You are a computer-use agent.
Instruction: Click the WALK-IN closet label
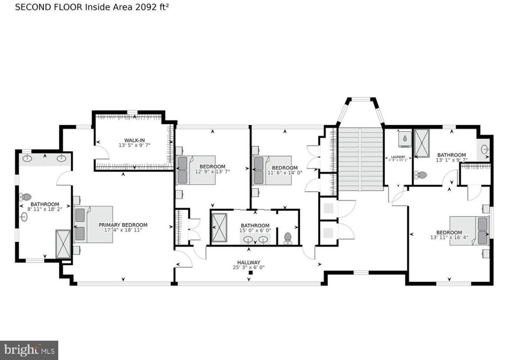[x=134, y=140]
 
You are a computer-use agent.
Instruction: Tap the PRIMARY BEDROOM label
[x=123, y=225]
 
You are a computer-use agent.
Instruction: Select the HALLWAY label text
[x=249, y=262]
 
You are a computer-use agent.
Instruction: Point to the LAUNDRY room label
[x=398, y=157]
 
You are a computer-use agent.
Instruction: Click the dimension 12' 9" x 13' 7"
[x=212, y=172]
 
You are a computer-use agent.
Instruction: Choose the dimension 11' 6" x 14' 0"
[x=285, y=173]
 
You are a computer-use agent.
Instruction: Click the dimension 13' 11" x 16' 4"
[x=449, y=237]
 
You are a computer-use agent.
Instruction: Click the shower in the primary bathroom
[x=63, y=244]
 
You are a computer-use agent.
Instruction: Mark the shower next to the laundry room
[x=421, y=143]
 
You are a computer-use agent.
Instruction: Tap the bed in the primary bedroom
[x=93, y=224]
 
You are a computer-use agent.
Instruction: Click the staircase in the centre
[x=360, y=159]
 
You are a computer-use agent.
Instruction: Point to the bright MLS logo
[x=29, y=350]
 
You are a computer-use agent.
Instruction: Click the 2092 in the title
[x=146, y=7]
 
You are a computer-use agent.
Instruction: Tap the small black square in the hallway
[x=250, y=273]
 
